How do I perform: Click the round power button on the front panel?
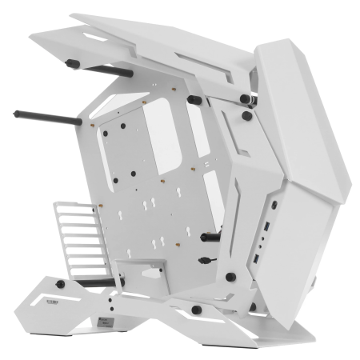click(x=274, y=204)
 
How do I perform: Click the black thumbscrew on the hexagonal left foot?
click(x=61, y=284)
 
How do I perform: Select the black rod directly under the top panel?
click(x=99, y=68)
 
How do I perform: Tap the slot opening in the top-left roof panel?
click(x=92, y=38)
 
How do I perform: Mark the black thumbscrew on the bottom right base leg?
click(x=195, y=310)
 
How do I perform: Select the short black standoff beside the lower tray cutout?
click(x=210, y=237)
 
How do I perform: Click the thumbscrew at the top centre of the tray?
click(x=194, y=101)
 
